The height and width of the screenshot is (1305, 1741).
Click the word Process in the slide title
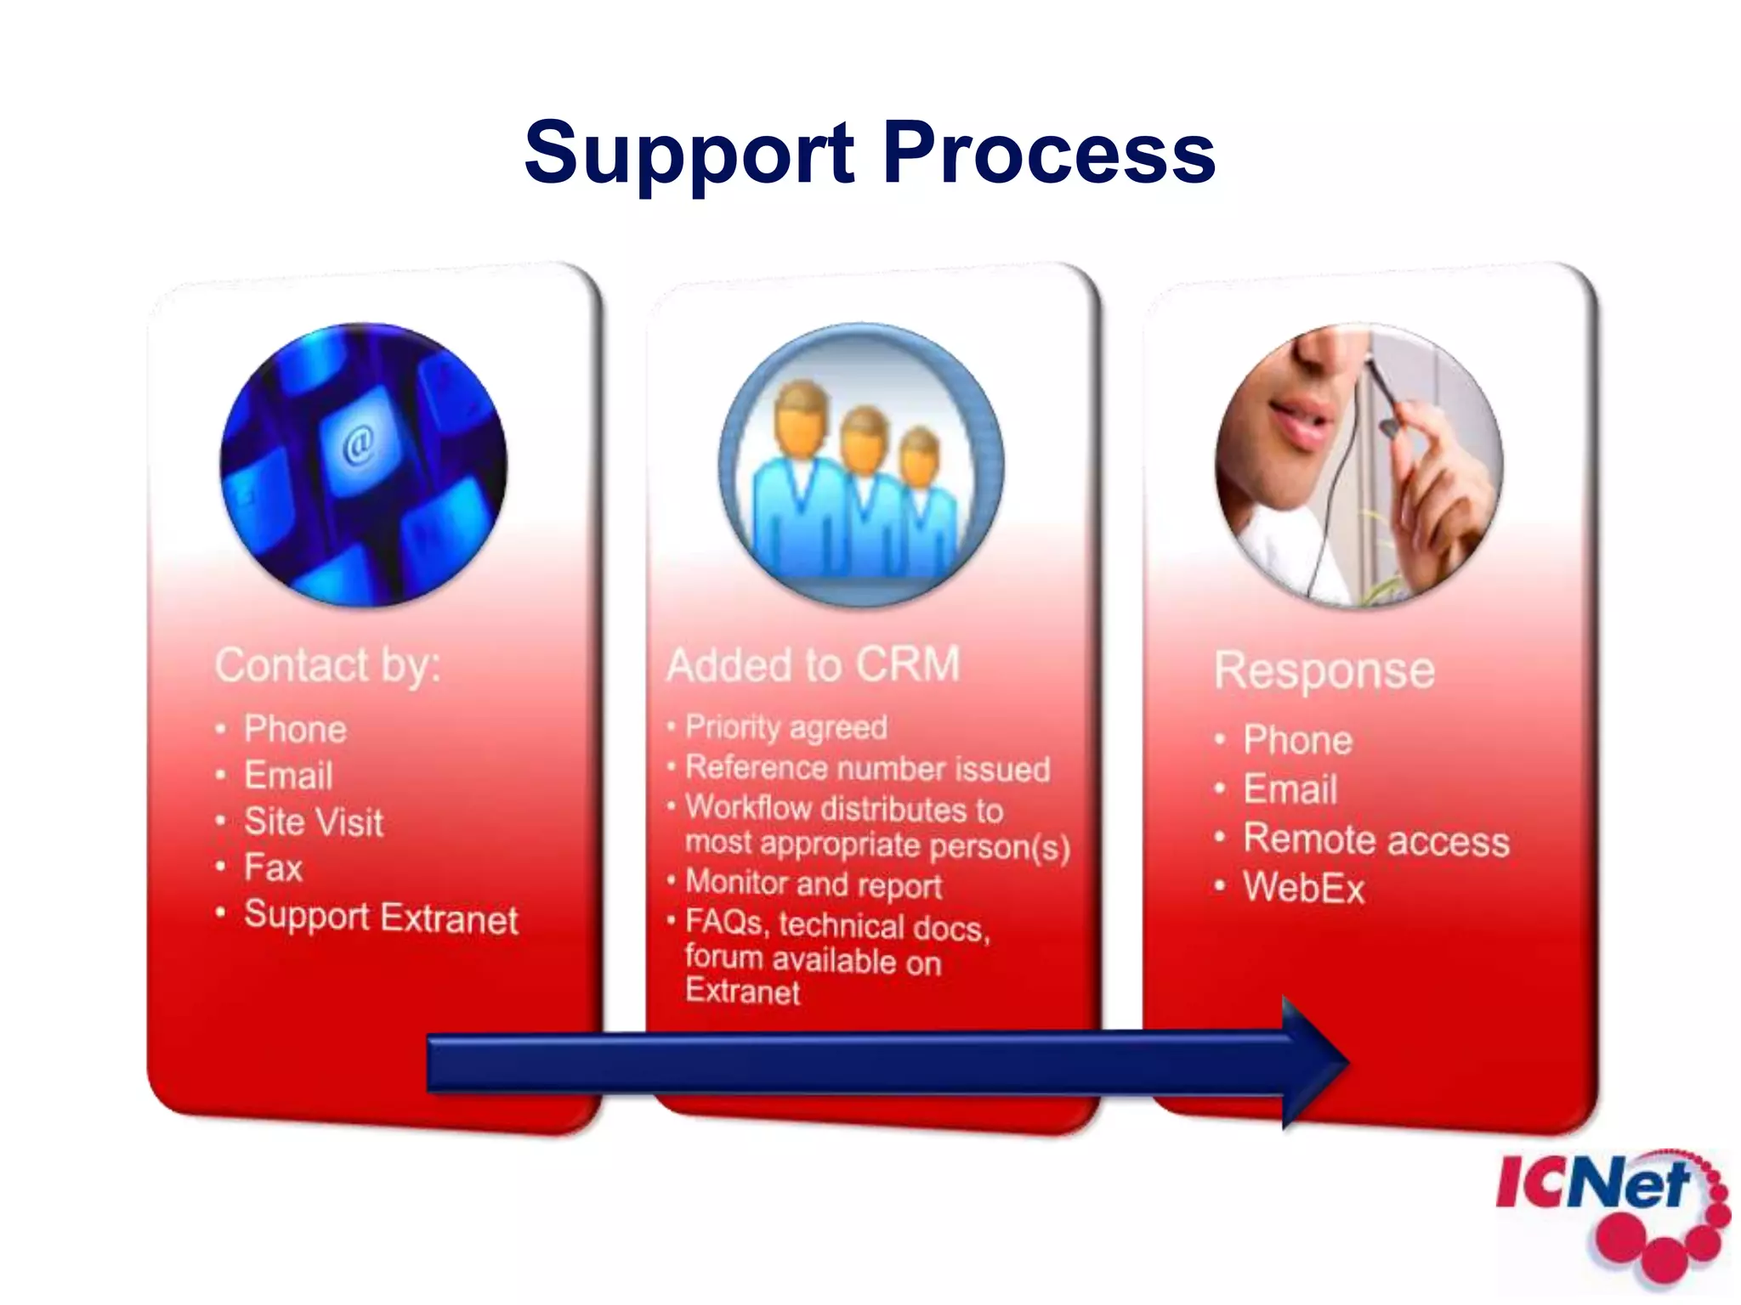click(x=1049, y=153)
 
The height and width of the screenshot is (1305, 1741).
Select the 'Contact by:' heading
click(x=328, y=665)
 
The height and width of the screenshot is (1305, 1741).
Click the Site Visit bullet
click(x=314, y=822)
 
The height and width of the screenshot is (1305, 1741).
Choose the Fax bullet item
click(x=273, y=868)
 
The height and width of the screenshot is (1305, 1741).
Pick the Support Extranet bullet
click(x=381, y=918)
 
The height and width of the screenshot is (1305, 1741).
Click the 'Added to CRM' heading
click(x=814, y=665)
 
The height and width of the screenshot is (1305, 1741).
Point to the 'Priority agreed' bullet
click(x=786, y=728)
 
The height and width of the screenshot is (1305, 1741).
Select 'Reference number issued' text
click(x=868, y=769)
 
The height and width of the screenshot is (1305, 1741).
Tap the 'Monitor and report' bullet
click(x=814, y=884)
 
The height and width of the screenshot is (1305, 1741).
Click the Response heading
click(x=1324, y=671)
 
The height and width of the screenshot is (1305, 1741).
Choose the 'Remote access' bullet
click(x=1376, y=840)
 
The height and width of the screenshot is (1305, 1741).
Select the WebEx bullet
click(x=1303, y=889)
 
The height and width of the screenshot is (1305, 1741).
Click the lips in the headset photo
click(x=1298, y=419)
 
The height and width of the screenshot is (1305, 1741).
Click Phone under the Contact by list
click(x=295, y=730)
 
